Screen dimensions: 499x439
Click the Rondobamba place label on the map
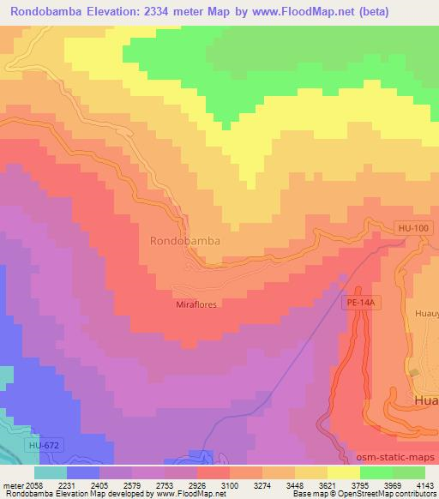coord(184,241)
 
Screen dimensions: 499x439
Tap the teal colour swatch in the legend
coord(51,472)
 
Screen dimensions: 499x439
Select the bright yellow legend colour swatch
coord(344,472)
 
